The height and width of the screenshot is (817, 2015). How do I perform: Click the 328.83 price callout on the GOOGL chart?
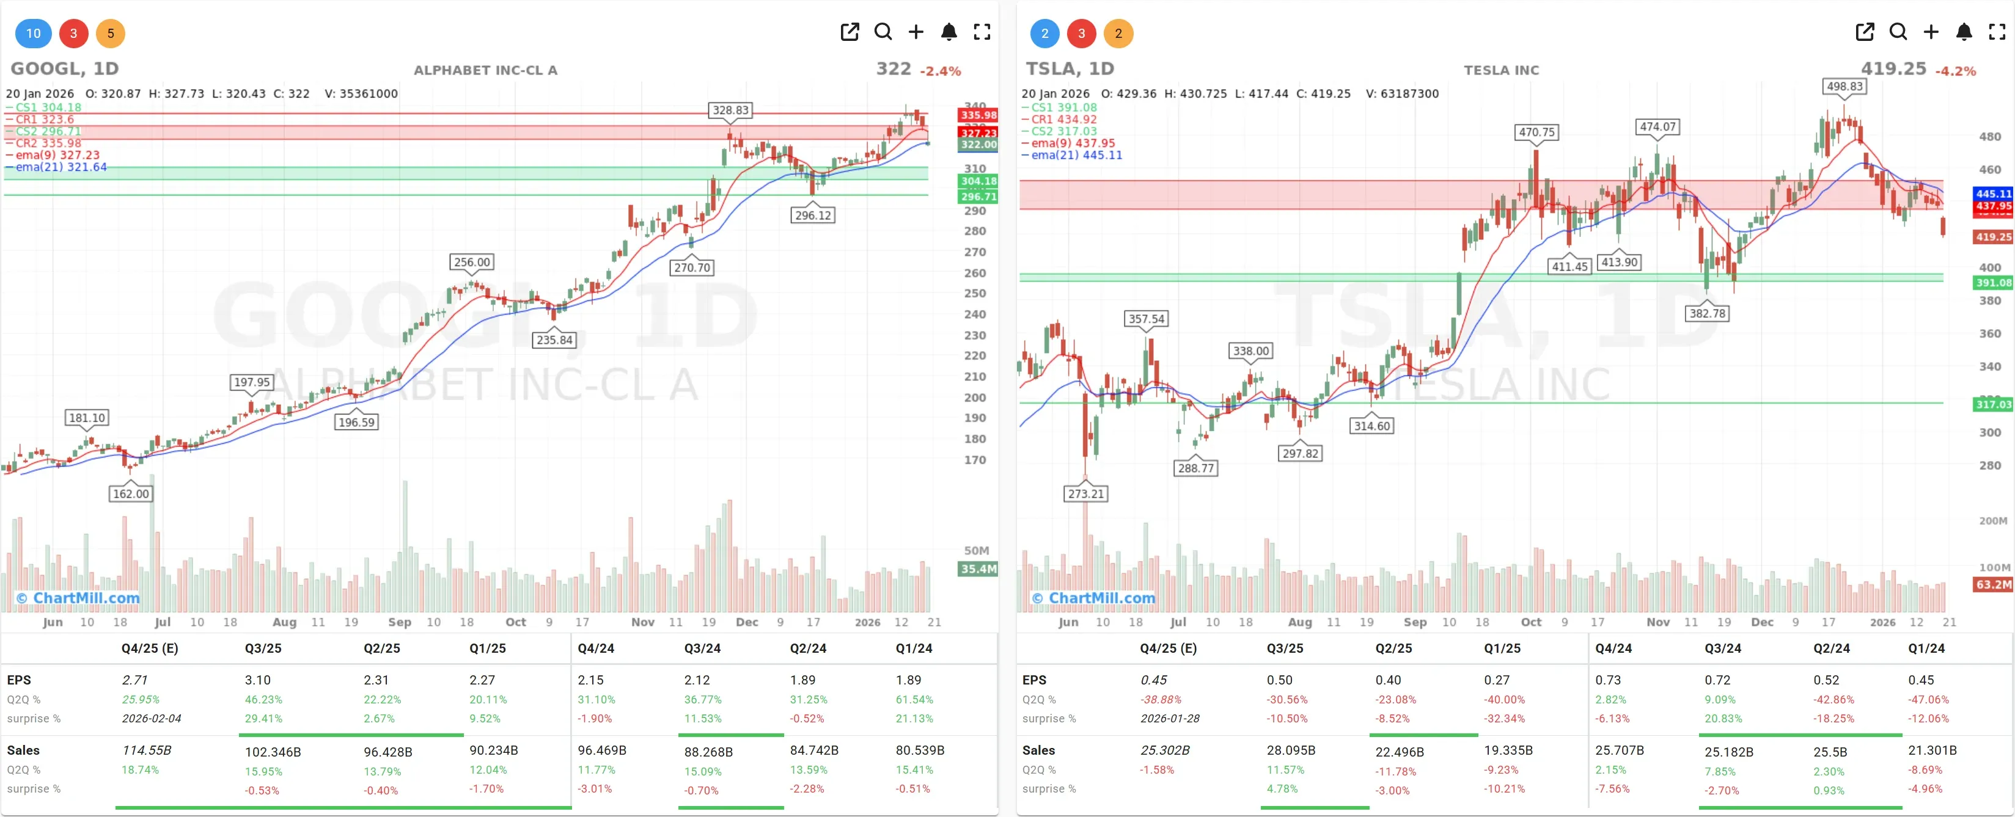click(730, 111)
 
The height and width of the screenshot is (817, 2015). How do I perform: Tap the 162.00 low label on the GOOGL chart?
click(131, 493)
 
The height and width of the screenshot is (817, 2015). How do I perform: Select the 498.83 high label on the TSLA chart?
click(1844, 87)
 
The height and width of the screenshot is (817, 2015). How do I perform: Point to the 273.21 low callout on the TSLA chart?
click(1085, 493)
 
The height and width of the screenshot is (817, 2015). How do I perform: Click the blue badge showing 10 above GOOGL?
click(33, 34)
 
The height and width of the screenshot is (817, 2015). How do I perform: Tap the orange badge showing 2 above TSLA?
click(1118, 34)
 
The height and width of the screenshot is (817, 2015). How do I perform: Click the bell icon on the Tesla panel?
click(1964, 32)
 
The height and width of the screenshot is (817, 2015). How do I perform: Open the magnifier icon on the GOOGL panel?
click(883, 32)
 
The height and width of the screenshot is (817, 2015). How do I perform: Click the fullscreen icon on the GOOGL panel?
click(982, 32)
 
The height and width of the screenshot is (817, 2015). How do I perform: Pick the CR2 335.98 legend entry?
click(48, 143)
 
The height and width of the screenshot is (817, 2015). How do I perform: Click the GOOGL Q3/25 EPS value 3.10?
click(257, 680)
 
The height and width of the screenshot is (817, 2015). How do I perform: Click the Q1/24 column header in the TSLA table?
click(1926, 648)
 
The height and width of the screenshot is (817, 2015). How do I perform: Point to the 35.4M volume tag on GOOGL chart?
click(978, 569)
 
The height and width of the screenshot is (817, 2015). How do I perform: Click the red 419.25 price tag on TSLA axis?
click(1992, 237)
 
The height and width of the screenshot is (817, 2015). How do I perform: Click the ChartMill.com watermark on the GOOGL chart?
click(78, 598)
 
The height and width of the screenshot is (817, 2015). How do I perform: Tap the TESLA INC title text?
click(1500, 70)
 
